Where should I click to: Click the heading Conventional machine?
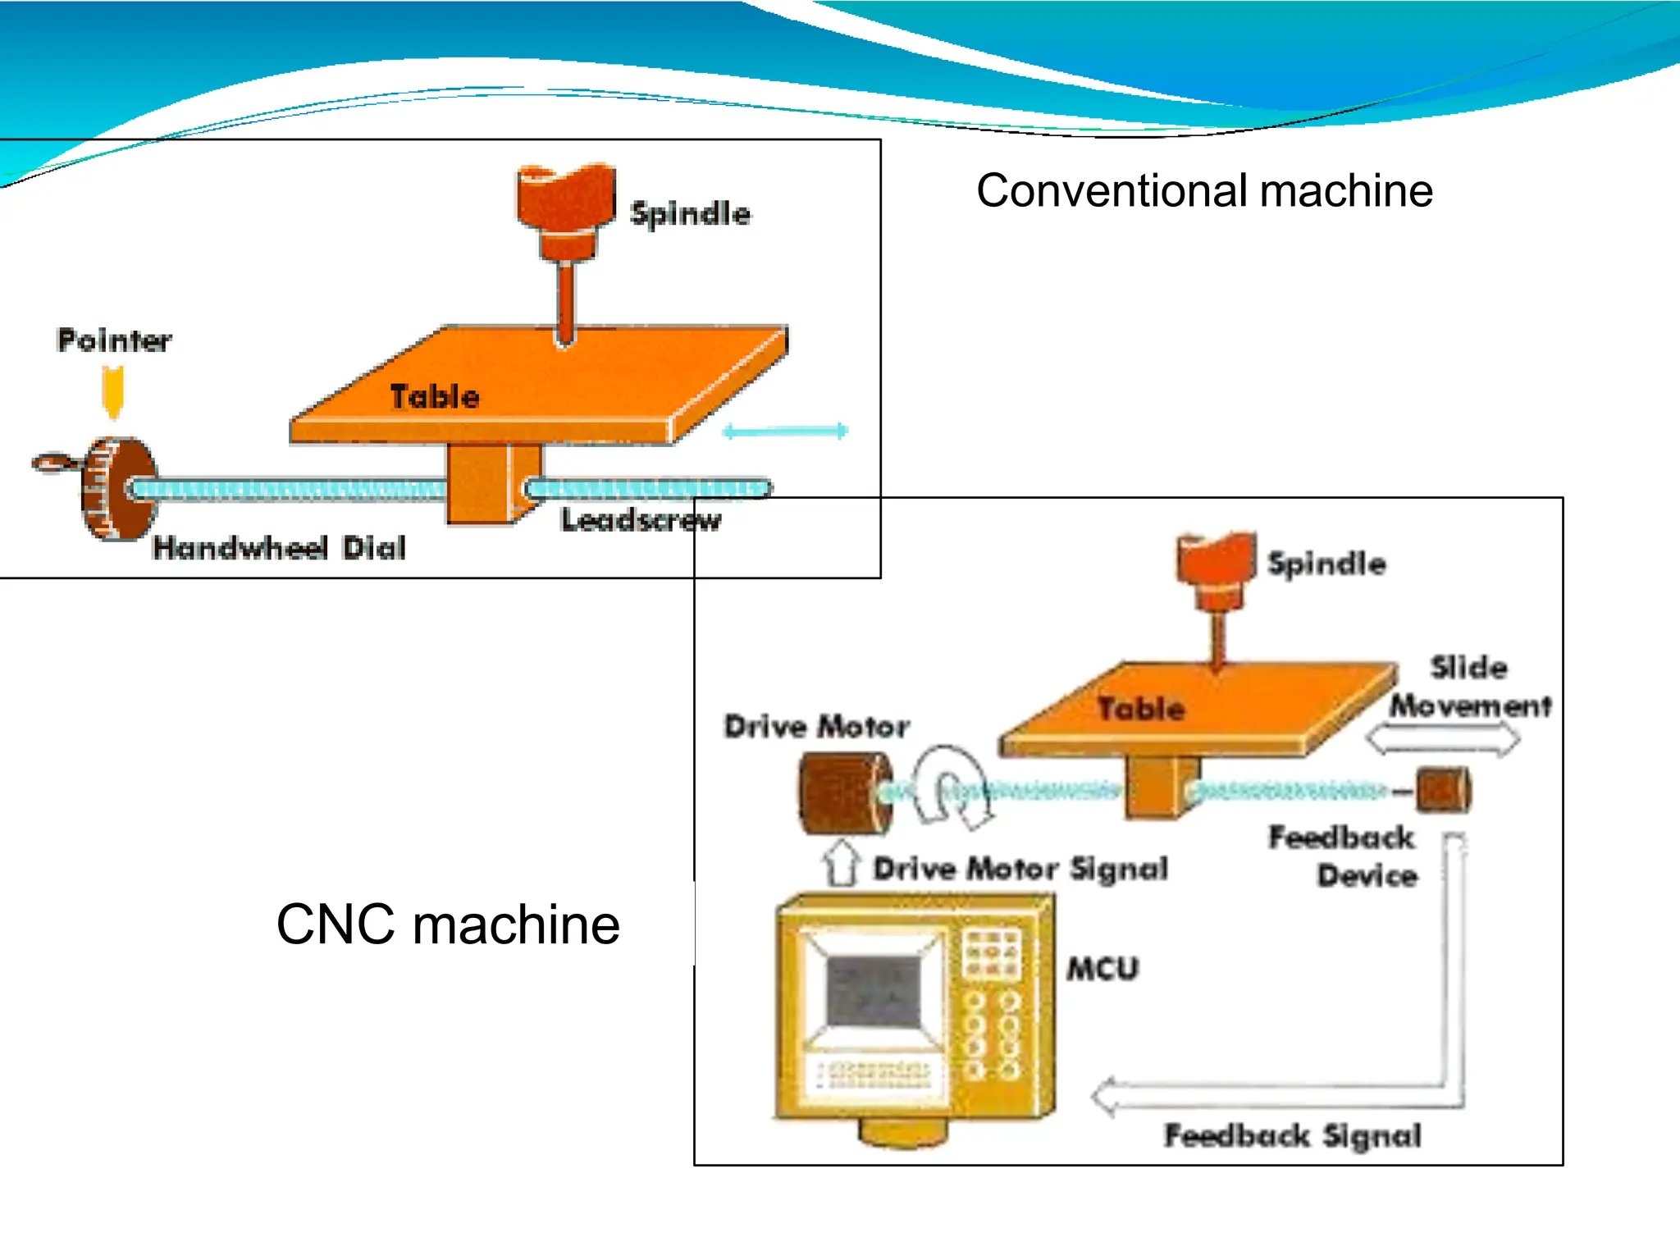coord(1203,191)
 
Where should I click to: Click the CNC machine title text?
coord(448,924)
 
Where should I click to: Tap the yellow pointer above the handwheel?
coord(113,390)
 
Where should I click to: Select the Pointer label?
coord(114,340)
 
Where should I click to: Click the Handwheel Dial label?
coord(279,547)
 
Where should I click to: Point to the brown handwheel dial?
coord(119,490)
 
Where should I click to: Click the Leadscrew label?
coord(641,519)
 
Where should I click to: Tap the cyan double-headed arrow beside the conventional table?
coord(785,431)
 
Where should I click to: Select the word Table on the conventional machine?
coord(434,397)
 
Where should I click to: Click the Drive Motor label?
coord(817,726)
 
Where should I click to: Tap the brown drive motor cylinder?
coord(842,793)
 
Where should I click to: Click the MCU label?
coord(1102,969)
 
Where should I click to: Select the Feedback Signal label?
coord(1292,1136)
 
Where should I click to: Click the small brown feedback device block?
coord(1443,790)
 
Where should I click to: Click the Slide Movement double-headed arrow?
coord(1442,740)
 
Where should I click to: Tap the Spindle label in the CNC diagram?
coord(1326,564)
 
